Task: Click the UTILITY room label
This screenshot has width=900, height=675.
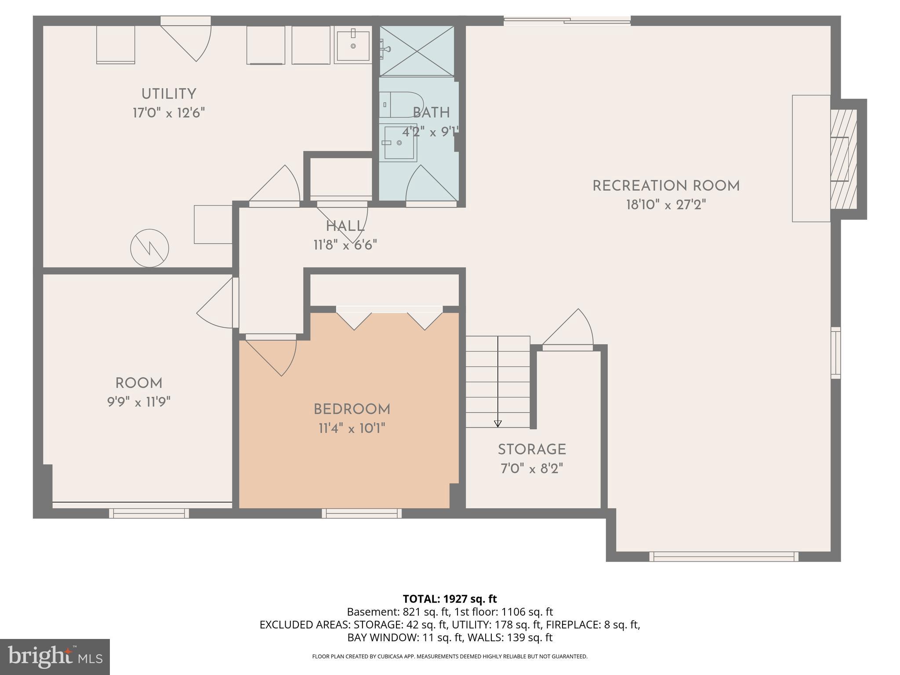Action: pos(168,94)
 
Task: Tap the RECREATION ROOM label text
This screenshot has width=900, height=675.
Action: pos(666,186)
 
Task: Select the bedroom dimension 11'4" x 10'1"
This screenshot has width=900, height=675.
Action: pos(352,428)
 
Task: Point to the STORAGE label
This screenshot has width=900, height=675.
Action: pos(532,450)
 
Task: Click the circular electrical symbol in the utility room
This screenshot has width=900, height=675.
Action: pos(150,248)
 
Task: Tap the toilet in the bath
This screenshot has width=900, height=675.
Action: pos(399,105)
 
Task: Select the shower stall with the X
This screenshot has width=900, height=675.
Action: pos(417,51)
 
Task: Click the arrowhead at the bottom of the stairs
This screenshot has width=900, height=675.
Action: pos(497,424)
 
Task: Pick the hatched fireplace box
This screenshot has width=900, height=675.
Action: pos(843,159)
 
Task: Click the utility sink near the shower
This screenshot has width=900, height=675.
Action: pos(353,44)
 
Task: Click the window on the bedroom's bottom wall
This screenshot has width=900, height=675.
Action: pos(362,513)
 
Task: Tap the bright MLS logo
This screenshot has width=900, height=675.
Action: pos(55,657)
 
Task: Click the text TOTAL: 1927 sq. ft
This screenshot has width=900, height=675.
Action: pos(450,599)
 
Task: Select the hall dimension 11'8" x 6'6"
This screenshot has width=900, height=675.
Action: pos(345,245)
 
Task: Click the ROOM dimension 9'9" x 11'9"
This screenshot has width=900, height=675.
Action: pos(139,402)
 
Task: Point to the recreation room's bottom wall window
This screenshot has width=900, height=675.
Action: pos(724,556)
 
